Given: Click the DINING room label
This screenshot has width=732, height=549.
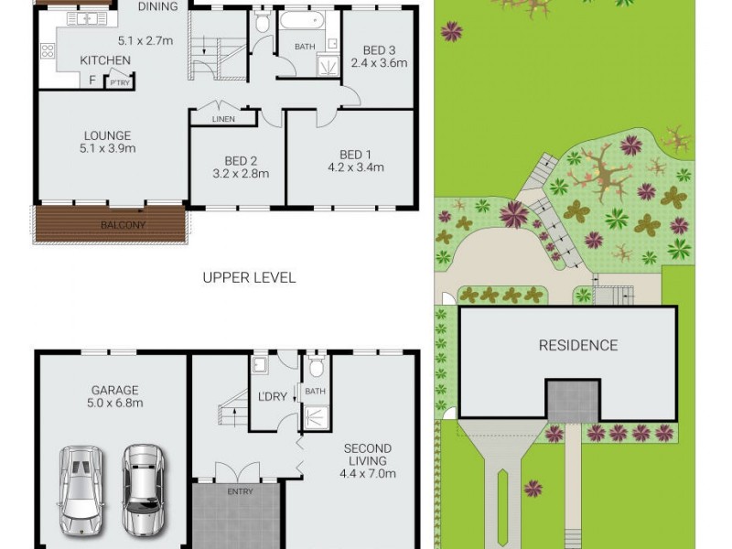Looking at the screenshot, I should pyautogui.click(x=158, y=7).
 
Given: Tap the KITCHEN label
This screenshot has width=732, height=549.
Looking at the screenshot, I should pyautogui.click(x=105, y=60).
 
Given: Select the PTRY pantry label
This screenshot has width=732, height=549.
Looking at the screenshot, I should pyautogui.click(x=120, y=82).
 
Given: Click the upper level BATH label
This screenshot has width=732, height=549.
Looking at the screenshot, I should pyautogui.click(x=306, y=48).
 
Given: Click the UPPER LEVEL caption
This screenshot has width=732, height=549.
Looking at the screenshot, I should pyautogui.click(x=249, y=277).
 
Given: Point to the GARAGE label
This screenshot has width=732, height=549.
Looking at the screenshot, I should pyautogui.click(x=114, y=387).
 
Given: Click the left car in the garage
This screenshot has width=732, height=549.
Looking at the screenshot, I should pyautogui.click(x=80, y=490).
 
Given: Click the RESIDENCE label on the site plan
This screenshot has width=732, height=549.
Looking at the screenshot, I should pyautogui.click(x=577, y=345).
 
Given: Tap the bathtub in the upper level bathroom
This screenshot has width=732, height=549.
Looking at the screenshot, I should pyautogui.click(x=301, y=22).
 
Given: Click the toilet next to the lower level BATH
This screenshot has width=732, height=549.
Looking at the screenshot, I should pyautogui.click(x=317, y=369).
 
